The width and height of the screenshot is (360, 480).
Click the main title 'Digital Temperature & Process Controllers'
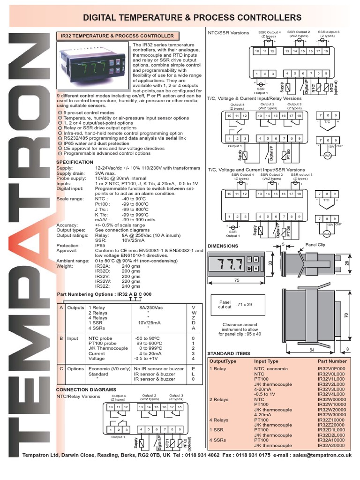(192, 17)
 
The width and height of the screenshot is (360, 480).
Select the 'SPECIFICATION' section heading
(75, 162)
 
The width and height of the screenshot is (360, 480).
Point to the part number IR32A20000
(331, 445)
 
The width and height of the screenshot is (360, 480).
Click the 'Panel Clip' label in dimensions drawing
(315, 245)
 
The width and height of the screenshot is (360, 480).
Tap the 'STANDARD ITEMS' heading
(229, 353)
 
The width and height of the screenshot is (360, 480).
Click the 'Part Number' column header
(332, 361)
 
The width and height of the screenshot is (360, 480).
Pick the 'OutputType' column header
(223, 361)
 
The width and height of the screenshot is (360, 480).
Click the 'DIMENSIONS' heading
(223, 246)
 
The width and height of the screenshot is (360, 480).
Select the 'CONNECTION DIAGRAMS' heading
(86, 390)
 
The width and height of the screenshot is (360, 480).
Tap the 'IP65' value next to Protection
(100, 245)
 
